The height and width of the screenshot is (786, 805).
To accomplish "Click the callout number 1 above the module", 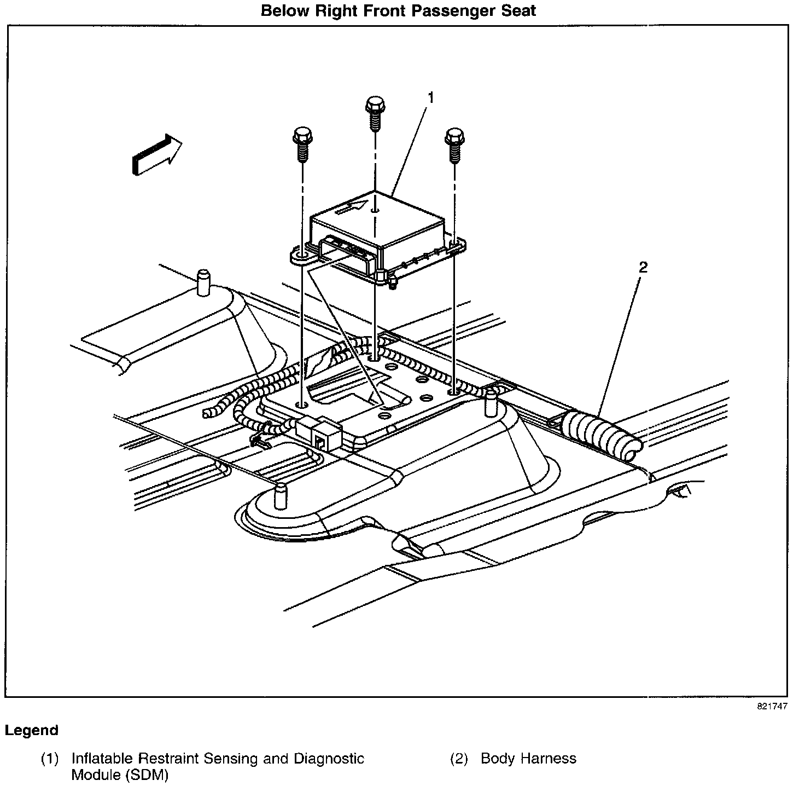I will pyautogui.click(x=431, y=98).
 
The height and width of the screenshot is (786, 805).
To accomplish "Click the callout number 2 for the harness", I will pyautogui.click(x=643, y=267).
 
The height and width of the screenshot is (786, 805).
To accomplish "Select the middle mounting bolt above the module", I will pyautogui.click(x=375, y=113).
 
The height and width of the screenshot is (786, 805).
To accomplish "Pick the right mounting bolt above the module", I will pyautogui.click(x=454, y=145).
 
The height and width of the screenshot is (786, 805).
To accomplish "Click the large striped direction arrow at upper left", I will pyautogui.click(x=156, y=155).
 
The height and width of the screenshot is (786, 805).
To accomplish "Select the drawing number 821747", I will pyautogui.click(x=772, y=706).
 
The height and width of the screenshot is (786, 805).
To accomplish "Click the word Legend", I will pyautogui.click(x=31, y=730).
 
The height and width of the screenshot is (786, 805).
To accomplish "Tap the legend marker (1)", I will pyautogui.click(x=49, y=759).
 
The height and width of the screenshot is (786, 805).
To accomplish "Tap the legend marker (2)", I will pyautogui.click(x=458, y=759).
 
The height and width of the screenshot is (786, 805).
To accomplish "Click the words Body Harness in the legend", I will pyautogui.click(x=528, y=759).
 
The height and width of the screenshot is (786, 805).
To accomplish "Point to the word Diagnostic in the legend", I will pyautogui.click(x=329, y=759).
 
